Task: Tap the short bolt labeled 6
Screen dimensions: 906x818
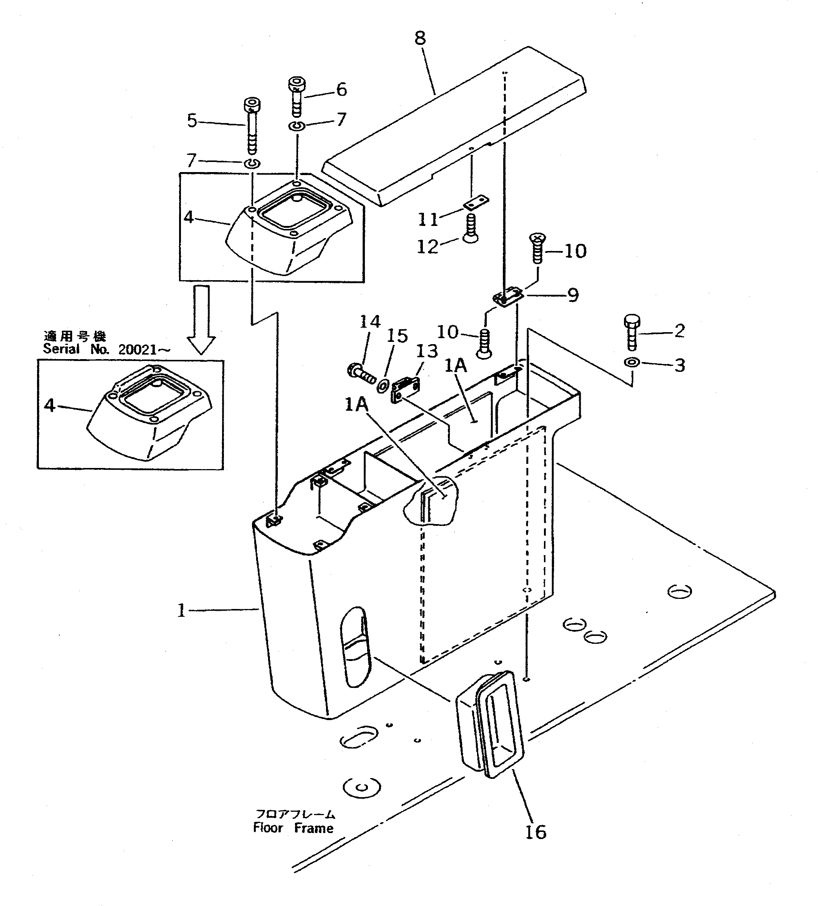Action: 296,96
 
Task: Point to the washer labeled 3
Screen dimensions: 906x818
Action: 631,362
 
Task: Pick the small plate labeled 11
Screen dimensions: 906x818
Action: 476,203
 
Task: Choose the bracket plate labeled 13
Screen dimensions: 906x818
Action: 406,390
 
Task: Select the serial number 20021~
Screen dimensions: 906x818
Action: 144,350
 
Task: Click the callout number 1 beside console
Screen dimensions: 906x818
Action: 181,610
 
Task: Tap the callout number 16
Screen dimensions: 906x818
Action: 535,833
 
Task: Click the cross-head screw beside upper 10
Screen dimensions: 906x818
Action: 537,248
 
